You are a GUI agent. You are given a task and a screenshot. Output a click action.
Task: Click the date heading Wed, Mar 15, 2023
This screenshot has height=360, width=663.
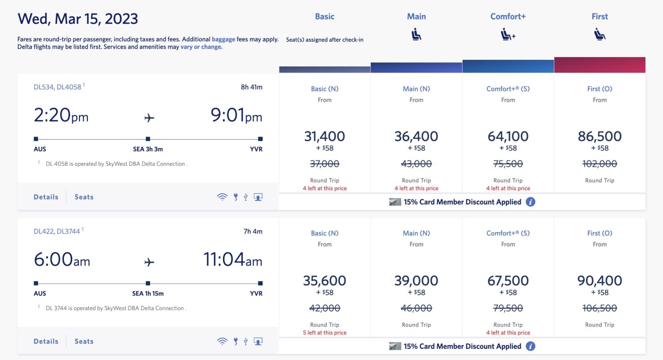click(x=78, y=19)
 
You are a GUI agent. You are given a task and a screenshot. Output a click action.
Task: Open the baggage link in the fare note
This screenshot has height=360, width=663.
click(x=223, y=39)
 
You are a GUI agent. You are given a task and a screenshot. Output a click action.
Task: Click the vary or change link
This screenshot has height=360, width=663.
click(x=201, y=47)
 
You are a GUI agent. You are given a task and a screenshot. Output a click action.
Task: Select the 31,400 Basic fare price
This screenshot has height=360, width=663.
click(x=324, y=136)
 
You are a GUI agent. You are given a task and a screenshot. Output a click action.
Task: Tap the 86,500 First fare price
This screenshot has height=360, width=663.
click(x=599, y=136)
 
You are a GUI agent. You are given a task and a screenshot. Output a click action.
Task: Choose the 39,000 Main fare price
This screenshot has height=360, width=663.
click(x=416, y=280)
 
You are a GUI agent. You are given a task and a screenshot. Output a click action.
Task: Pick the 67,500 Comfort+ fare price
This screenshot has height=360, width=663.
click(x=508, y=280)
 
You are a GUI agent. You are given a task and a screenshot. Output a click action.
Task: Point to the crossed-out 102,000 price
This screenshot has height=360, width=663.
click(x=599, y=164)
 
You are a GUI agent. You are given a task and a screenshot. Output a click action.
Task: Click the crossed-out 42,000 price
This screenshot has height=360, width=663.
click(x=324, y=308)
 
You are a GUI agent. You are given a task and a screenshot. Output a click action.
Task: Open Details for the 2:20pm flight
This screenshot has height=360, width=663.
click(x=46, y=197)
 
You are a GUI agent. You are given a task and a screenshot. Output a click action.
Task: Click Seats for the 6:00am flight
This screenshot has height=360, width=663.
click(x=84, y=341)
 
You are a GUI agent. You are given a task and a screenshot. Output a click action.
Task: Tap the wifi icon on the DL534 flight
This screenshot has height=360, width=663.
click(x=222, y=197)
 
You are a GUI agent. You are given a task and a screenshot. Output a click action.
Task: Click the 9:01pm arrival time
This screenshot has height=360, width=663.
click(x=236, y=115)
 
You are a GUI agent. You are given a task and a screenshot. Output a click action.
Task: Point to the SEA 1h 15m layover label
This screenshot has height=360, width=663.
click(x=148, y=293)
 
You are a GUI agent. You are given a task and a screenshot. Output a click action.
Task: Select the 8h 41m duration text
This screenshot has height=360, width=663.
click(x=251, y=87)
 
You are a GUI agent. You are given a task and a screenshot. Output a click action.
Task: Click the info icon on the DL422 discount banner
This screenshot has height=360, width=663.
click(x=530, y=346)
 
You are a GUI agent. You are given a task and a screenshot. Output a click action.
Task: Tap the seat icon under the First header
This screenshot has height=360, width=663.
click(x=599, y=34)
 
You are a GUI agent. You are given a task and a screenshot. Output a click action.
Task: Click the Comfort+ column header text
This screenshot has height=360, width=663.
click(x=508, y=16)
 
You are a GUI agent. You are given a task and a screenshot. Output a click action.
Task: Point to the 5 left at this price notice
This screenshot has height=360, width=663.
click(x=324, y=333)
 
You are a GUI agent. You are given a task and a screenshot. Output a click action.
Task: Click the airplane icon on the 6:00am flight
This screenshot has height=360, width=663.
click(x=149, y=262)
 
